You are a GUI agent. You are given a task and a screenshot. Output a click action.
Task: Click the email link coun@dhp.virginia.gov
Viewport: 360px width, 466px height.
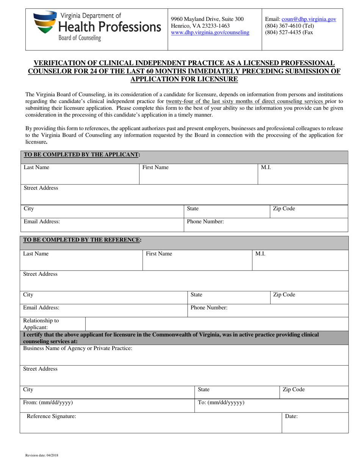click(308, 19)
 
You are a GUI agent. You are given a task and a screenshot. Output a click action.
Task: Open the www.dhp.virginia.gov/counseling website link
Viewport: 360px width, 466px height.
click(210, 33)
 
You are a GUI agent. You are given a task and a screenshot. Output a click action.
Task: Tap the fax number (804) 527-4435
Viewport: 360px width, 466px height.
click(289, 33)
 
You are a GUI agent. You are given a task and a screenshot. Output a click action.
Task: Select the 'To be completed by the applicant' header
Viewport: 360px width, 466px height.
click(82, 155)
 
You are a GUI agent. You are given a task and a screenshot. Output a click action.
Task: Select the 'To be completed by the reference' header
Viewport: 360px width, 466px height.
click(83, 239)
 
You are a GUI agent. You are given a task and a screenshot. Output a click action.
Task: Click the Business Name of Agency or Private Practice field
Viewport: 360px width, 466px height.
click(184, 355)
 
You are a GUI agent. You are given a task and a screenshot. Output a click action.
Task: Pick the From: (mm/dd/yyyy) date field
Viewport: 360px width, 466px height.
click(107, 405)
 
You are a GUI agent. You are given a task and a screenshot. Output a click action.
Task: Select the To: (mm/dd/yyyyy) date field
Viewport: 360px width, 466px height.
click(271, 405)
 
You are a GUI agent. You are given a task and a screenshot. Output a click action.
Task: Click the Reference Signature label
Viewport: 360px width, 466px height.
click(51, 416)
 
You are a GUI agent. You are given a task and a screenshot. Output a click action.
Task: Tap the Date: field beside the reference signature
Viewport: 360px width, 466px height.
click(315, 422)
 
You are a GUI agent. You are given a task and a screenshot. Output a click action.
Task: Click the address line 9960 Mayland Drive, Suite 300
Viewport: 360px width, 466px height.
click(207, 19)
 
